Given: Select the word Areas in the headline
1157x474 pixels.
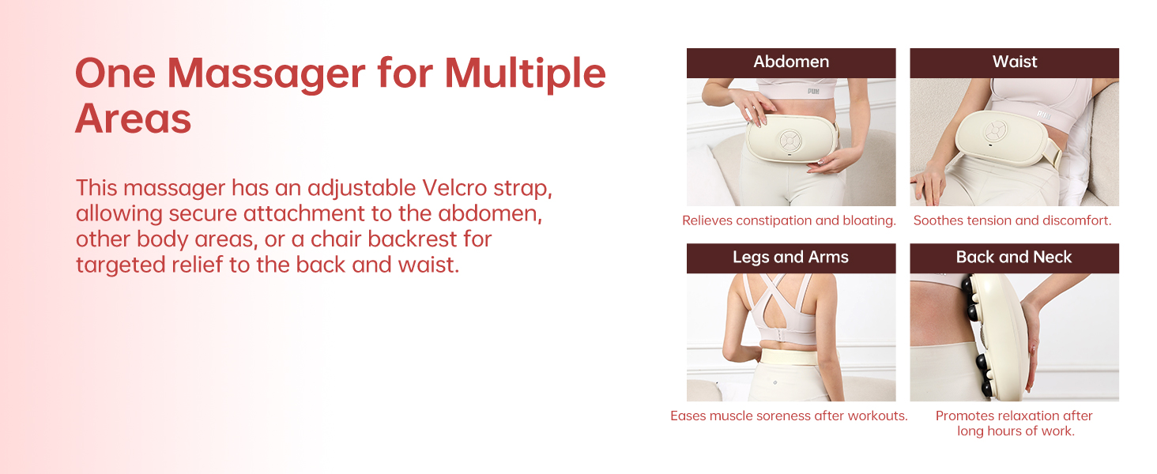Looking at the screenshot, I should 133,118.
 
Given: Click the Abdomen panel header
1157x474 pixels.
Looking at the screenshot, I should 791,62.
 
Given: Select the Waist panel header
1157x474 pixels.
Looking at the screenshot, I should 1014,62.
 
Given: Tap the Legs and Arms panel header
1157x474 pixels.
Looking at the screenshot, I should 791,258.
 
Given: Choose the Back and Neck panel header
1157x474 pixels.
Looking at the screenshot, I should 1014,258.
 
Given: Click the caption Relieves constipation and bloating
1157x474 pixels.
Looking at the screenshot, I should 789,221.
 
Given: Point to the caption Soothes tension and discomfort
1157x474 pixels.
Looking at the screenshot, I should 1012,221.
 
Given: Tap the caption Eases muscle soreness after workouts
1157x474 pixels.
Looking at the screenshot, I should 789,416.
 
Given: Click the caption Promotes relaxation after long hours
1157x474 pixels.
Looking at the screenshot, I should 1014,423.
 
